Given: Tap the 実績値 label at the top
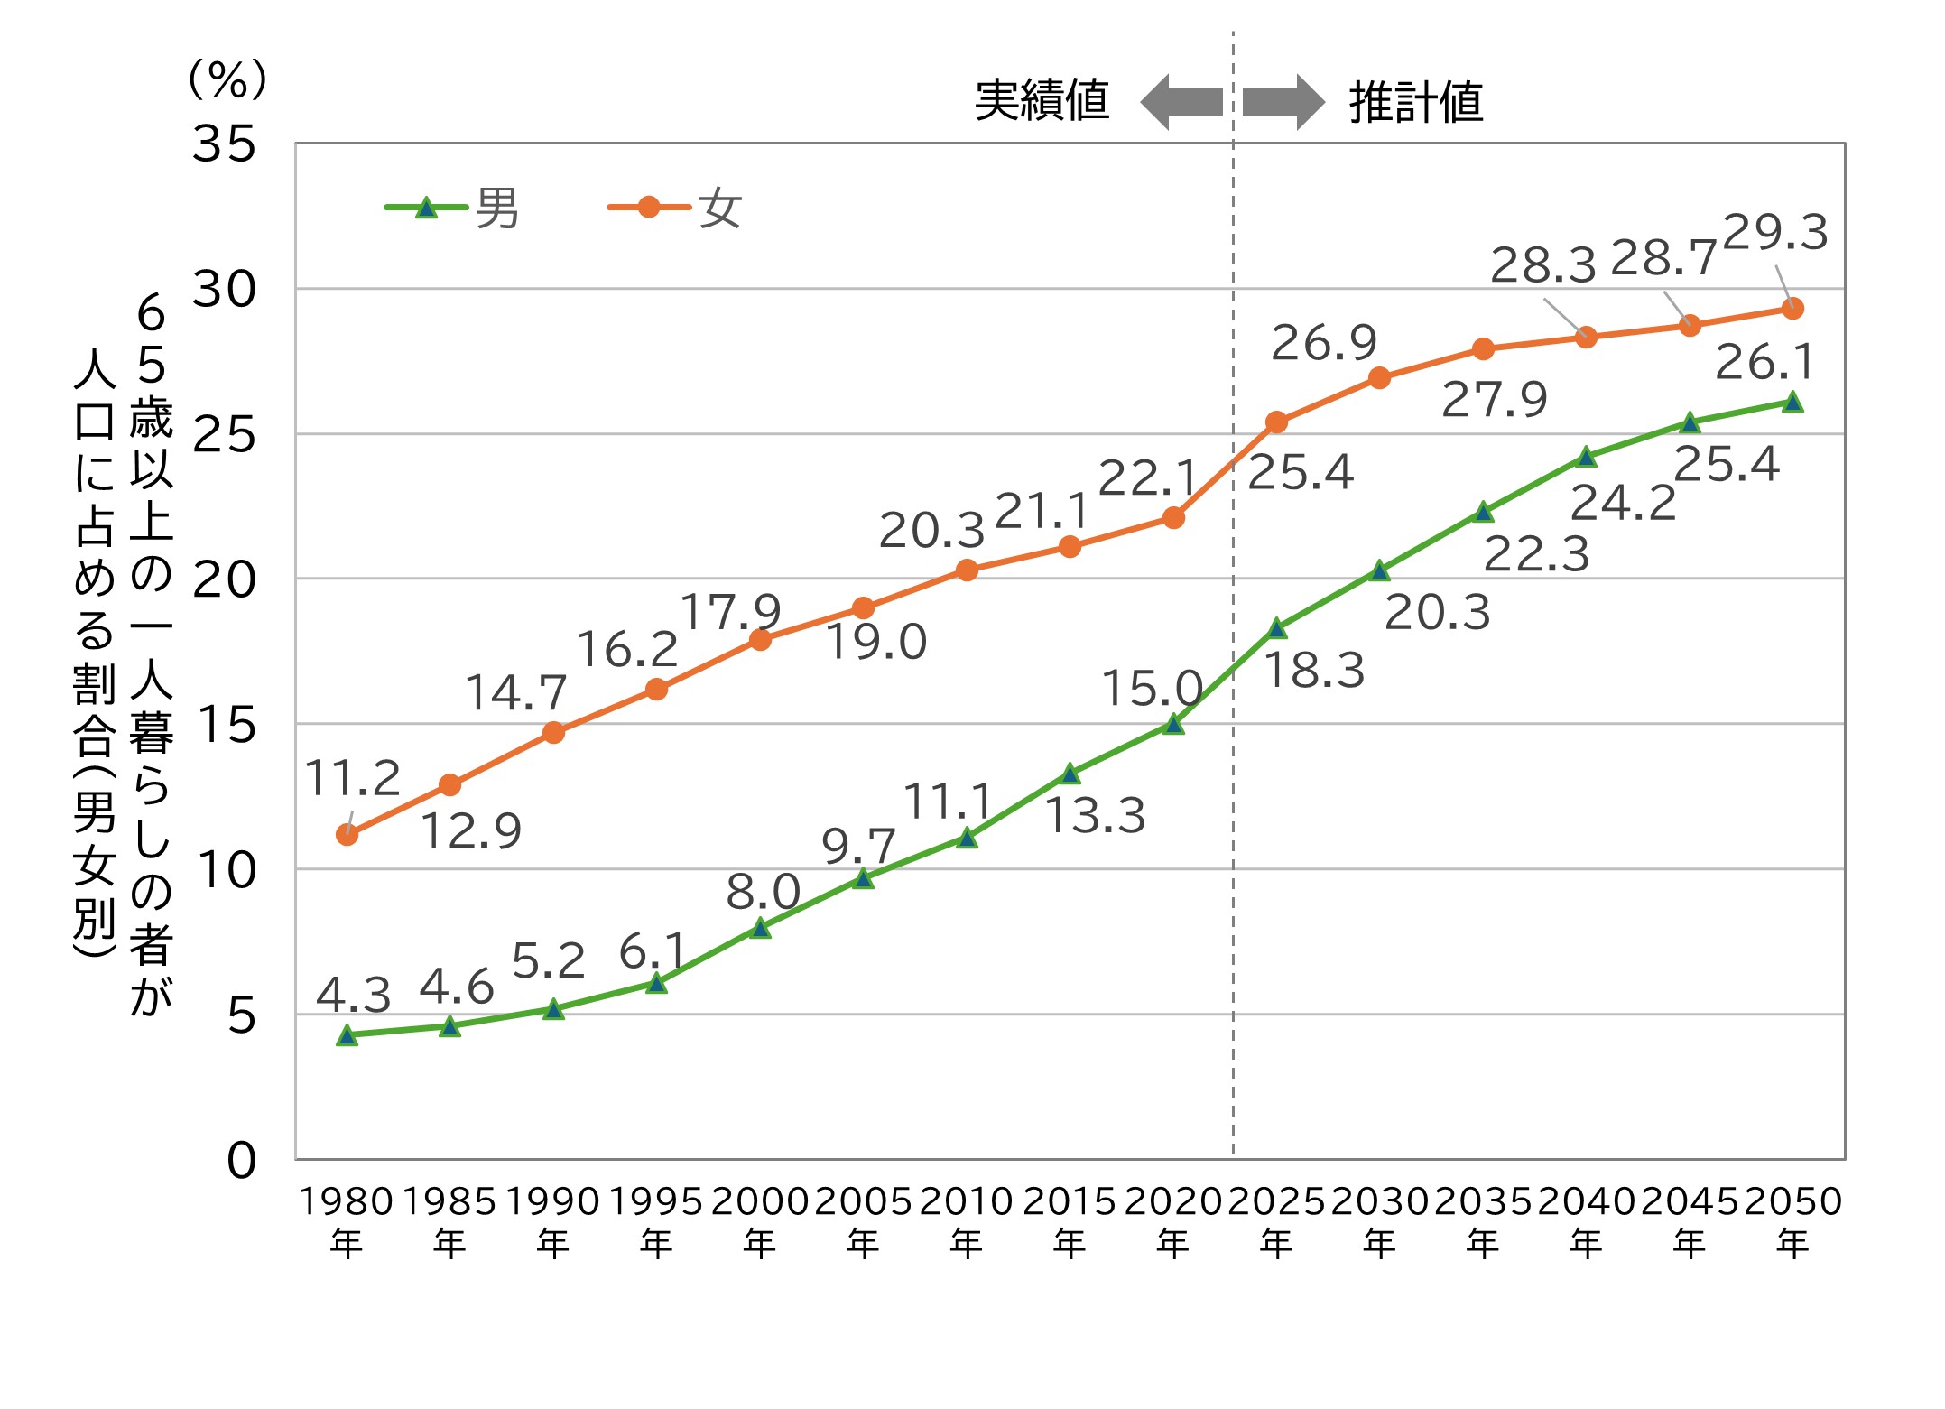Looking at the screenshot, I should [1042, 100].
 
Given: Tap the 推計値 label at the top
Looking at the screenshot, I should [1415, 102].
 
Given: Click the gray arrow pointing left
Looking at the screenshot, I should [1181, 102].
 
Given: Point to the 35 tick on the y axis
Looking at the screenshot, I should [224, 144].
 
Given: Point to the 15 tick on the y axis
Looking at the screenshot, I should [226, 725].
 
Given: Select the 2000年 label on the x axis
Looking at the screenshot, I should [760, 1220].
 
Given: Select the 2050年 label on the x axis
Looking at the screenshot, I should [1792, 1220].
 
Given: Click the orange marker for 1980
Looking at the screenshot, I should [347, 835].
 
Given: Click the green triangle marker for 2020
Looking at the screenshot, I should [1173, 724].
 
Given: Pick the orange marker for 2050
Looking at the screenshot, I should [1792, 309].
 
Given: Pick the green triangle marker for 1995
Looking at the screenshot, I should [657, 983].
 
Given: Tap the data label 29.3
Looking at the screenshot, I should [1774, 232].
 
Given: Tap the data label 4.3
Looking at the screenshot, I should [354, 995].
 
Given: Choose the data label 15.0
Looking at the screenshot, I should [1152, 689].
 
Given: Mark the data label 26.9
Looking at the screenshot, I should [1324, 343].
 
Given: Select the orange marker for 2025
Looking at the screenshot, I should [1276, 422].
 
